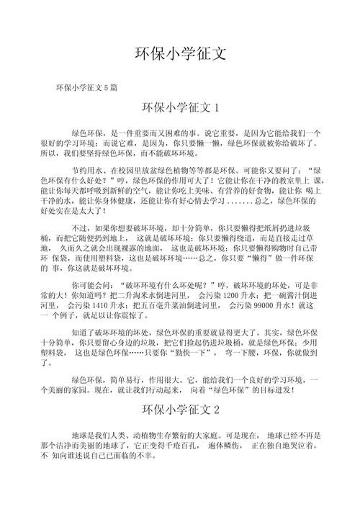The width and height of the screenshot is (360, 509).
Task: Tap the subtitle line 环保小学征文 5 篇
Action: click(x=87, y=87)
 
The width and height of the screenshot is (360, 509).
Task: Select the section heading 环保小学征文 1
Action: click(x=180, y=109)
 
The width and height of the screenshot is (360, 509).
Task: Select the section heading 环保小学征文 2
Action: click(x=180, y=410)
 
